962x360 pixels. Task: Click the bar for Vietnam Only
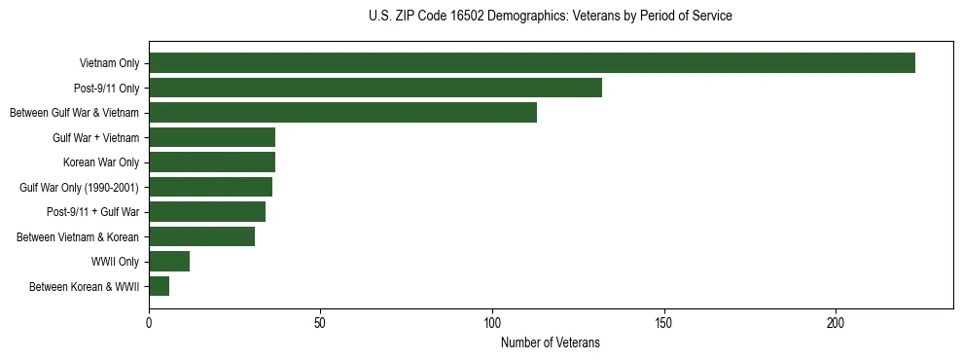point(532,63)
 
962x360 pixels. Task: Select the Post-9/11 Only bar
point(375,88)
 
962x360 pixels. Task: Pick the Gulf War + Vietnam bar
point(212,137)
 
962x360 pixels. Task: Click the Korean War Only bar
point(212,162)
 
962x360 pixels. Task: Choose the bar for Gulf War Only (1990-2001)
point(210,187)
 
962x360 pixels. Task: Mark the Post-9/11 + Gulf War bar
point(207,212)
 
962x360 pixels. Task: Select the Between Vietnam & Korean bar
point(201,236)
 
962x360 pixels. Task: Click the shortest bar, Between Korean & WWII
point(159,286)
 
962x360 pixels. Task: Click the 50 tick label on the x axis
point(321,322)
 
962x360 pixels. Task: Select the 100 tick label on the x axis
point(492,322)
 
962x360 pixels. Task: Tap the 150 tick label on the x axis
point(664,322)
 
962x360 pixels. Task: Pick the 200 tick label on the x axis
point(836,322)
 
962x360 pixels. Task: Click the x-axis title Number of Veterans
point(550,342)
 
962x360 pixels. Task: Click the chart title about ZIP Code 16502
point(550,17)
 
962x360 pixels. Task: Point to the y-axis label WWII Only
point(115,262)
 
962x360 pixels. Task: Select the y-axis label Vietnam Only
point(109,63)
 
